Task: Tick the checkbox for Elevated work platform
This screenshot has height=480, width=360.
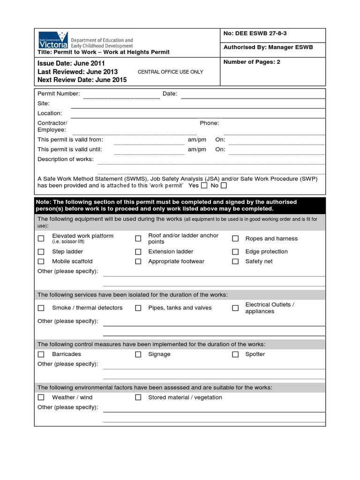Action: (x=41, y=239)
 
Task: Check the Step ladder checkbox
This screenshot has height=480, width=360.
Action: (x=41, y=252)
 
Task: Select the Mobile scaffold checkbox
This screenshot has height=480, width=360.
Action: (x=41, y=262)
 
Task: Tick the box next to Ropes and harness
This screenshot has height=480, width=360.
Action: (x=235, y=239)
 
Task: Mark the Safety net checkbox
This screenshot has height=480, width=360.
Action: (x=235, y=262)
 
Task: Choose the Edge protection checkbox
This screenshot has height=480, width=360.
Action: (x=235, y=252)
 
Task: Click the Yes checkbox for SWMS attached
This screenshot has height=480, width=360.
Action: (x=204, y=186)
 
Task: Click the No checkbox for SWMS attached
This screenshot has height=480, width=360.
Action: (x=224, y=186)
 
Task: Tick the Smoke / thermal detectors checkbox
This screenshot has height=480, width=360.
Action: (x=41, y=308)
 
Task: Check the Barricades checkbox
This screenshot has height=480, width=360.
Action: (x=41, y=354)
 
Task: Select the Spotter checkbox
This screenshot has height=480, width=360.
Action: (x=235, y=354)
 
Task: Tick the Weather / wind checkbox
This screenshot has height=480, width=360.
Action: (x=41, y=397)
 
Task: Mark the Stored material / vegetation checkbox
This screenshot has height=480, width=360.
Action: (x=138, y=397)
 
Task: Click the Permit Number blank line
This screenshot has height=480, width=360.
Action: (x=121, y=96)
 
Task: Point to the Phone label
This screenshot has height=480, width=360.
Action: (x=209, y=123)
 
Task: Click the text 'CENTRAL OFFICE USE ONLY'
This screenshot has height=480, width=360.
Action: (x=171, y=72)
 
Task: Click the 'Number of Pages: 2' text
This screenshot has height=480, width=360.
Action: (x=252, y=62)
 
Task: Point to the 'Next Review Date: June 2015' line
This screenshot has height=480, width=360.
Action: (x=82, y=80)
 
